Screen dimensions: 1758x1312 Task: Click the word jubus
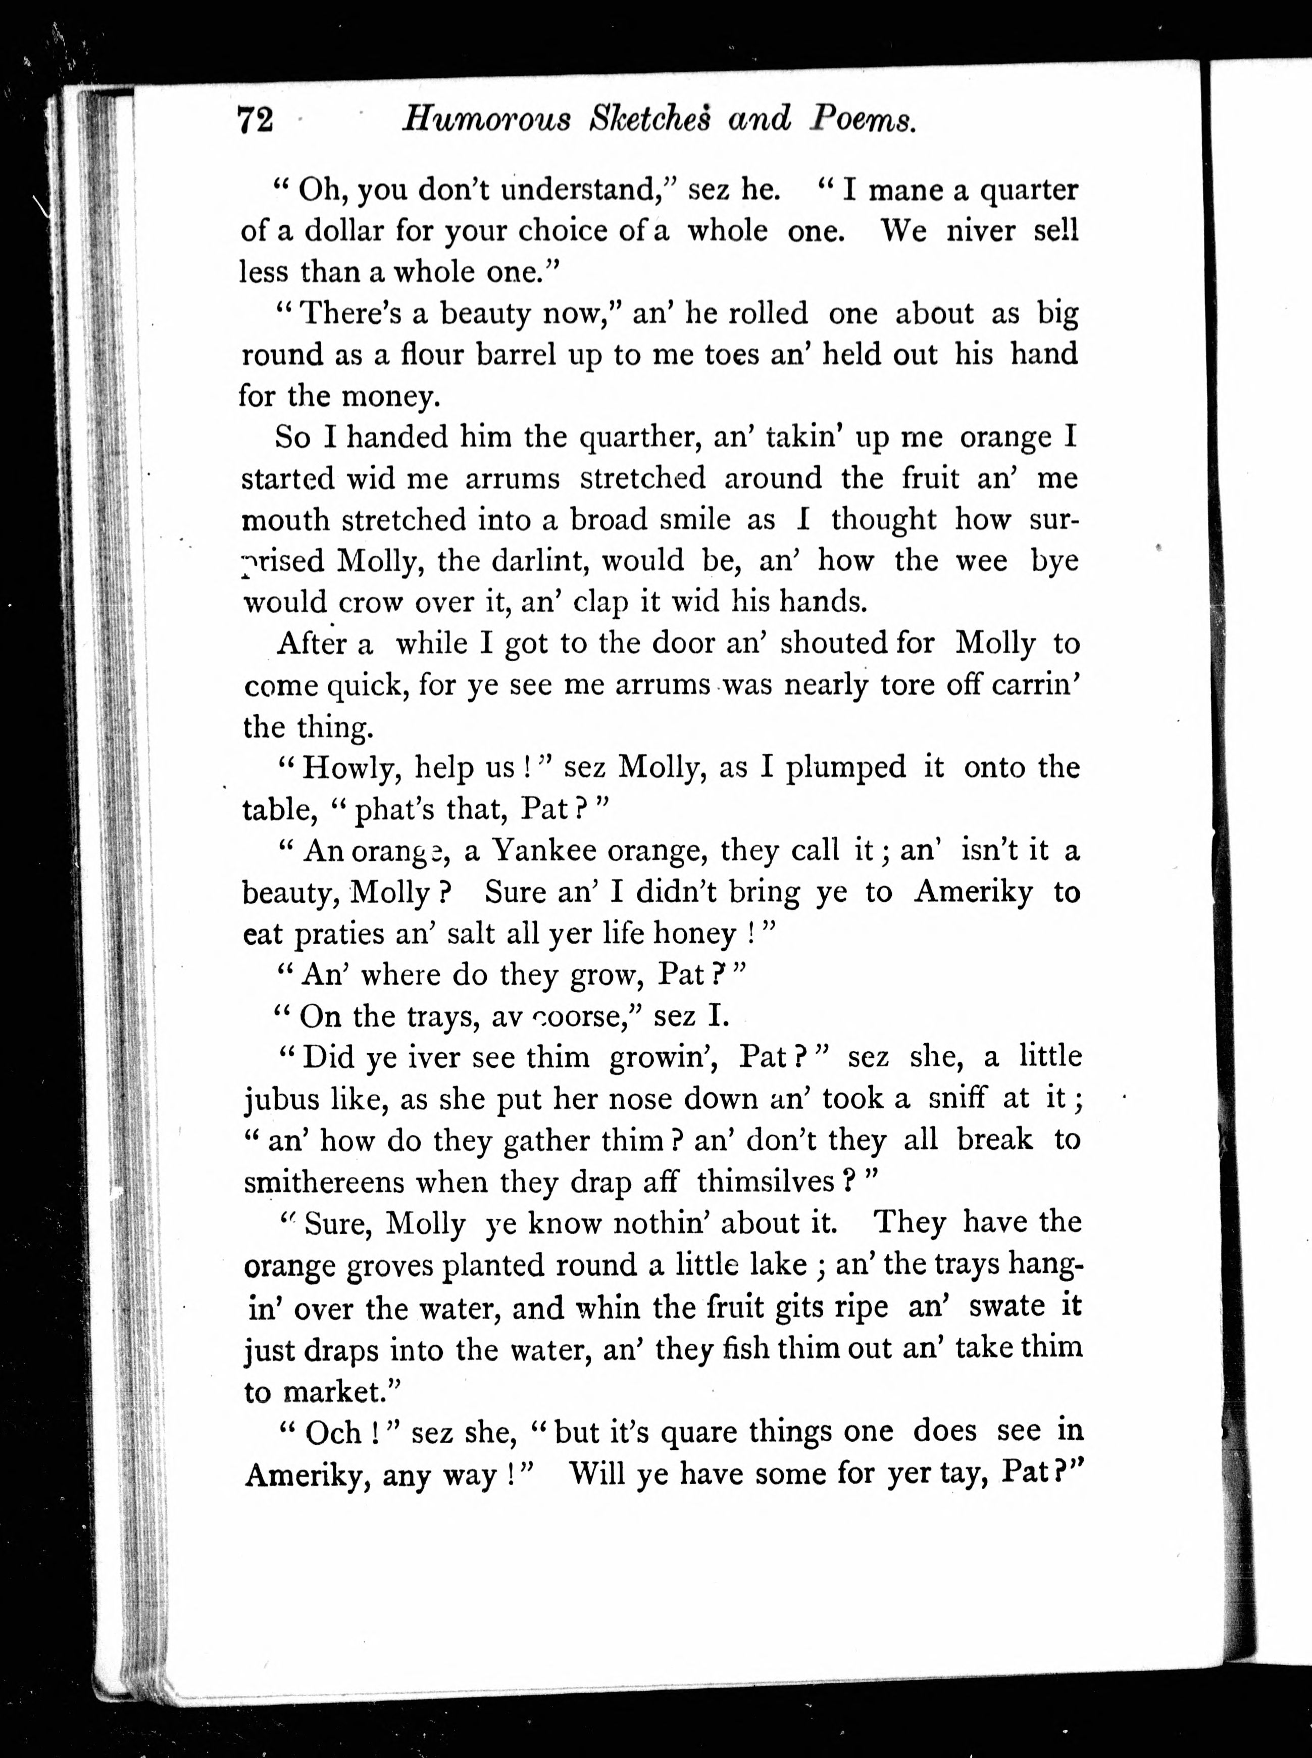click(x=282, y=1099)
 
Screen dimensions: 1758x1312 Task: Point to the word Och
click(x=333, y=1432)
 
